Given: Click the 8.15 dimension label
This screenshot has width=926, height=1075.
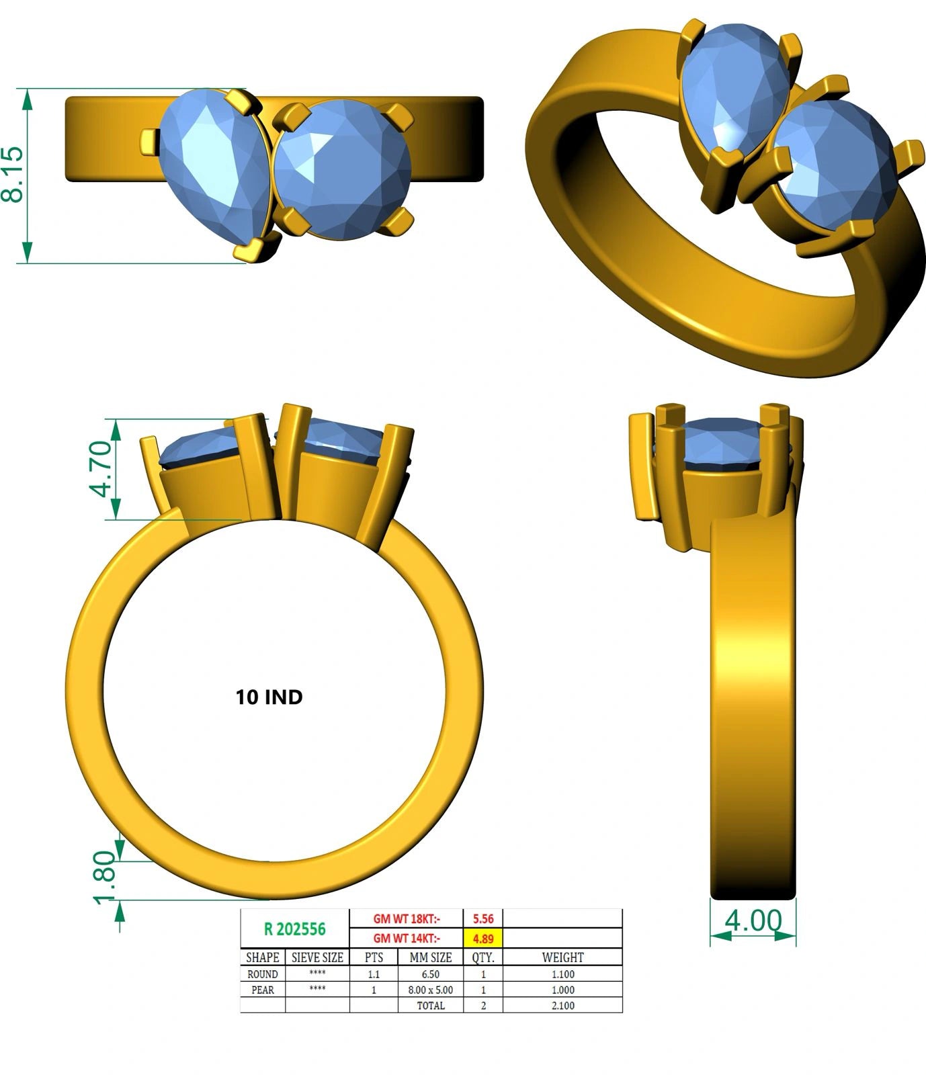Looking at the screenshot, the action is click(13, 175).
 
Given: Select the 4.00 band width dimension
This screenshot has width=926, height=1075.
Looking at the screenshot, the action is click(753, 920).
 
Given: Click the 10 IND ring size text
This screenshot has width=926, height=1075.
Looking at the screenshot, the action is click(269, 697).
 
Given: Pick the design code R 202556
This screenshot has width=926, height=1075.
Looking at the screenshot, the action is click(295, 929).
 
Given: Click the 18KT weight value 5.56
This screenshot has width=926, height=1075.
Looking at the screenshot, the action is click(483, 918).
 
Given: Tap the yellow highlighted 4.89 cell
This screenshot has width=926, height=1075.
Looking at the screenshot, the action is click(483, 939).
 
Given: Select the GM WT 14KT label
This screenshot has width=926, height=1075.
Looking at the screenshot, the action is click(407, 939).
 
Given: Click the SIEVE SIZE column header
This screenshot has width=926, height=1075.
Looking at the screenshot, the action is click(317, 957).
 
